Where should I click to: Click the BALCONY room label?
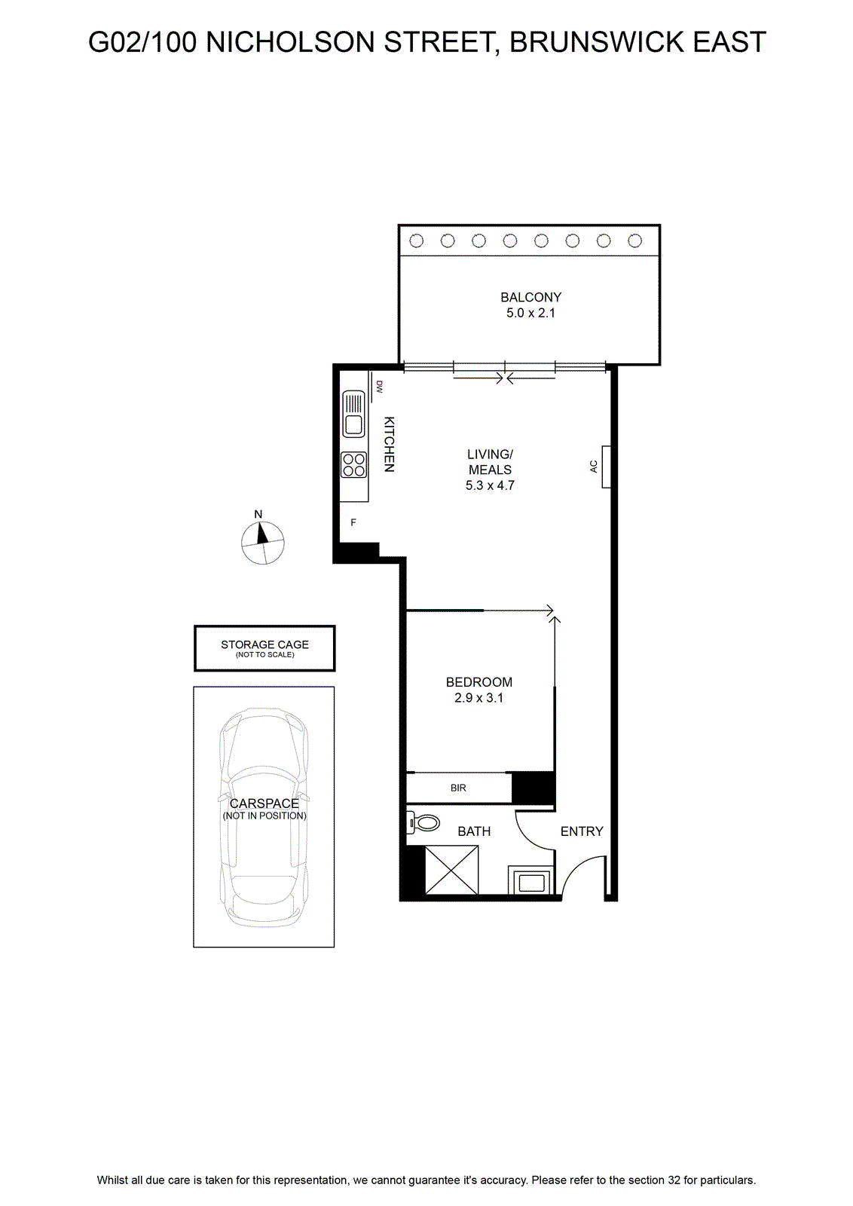coord(530,297)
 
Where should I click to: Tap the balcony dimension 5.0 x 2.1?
coord(530,313)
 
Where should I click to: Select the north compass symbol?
coord(263,542)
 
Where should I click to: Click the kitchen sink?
coord(353,414)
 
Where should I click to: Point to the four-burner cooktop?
coord(353,464)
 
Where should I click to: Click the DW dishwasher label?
coord(379,387)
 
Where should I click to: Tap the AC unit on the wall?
coord(606,467)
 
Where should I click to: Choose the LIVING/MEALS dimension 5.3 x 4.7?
coord(490,485)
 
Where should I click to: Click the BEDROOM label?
coord(479,682)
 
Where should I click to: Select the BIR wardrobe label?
coord(458,788)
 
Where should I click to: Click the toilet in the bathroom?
coord(423,822)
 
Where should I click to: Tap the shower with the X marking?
coord(451,870)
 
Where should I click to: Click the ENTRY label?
coord(582,831)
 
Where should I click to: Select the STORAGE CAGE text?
coord(264,644)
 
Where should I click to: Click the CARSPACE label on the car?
coord(264,803)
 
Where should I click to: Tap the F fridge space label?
coord(353,522)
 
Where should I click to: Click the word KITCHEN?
coord(389,444)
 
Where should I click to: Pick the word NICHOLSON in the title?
coord(291,42)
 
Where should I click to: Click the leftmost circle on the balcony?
coord(416,240)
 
